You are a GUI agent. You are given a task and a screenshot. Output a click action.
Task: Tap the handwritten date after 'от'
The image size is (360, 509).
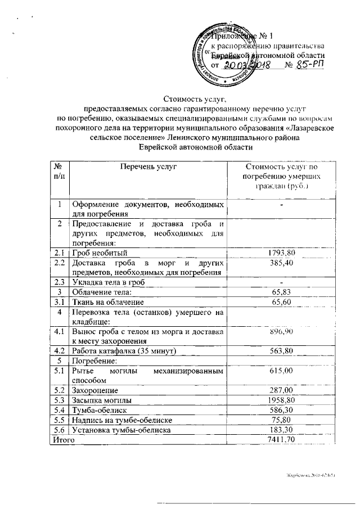247,65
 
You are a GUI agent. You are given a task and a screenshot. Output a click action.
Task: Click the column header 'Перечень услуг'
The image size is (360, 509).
148,167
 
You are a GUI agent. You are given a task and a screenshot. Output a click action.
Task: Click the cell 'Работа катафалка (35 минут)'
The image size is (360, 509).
124,351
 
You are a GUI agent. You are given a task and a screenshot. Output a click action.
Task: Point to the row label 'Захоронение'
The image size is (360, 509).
94,390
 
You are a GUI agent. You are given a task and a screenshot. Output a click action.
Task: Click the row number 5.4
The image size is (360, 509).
58,411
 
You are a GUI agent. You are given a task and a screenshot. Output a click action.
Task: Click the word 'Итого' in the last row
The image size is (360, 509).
63,440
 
